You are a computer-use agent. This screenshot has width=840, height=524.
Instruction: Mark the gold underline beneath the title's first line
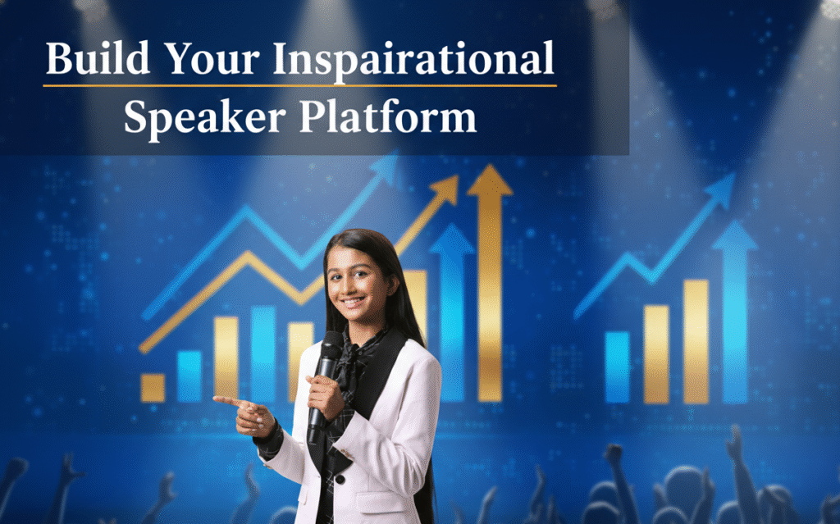(x=299, y=85)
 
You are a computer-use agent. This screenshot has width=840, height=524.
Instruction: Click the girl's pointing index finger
(x=224, y=401)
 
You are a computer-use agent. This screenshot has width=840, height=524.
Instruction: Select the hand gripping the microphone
(x=326, y=394)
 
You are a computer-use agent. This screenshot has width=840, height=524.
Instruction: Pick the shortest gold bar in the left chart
(x=153, y=388)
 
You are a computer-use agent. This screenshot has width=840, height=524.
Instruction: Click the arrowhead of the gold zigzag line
(x=446, y=189)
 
